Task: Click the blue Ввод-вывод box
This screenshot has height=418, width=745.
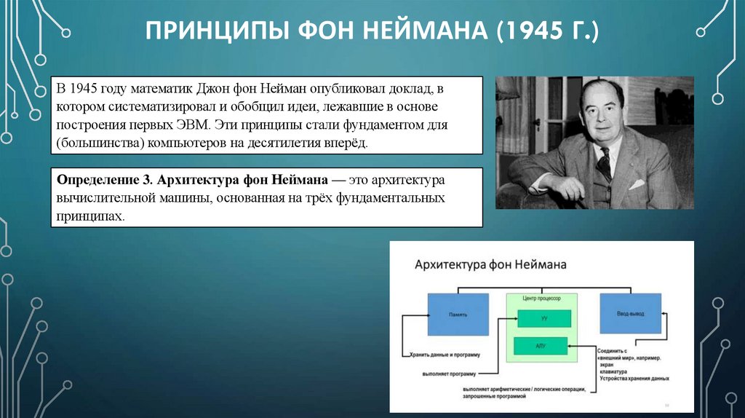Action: pyautogui.click(x=629, y=314)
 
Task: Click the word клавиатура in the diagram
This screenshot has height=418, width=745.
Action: pyautogui.click(x=615, y=371)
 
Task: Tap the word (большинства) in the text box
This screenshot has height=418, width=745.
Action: pyautogui.click(x=99, y=143)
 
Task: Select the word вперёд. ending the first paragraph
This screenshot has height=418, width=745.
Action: pyautogui.click(x=349, y=143)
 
